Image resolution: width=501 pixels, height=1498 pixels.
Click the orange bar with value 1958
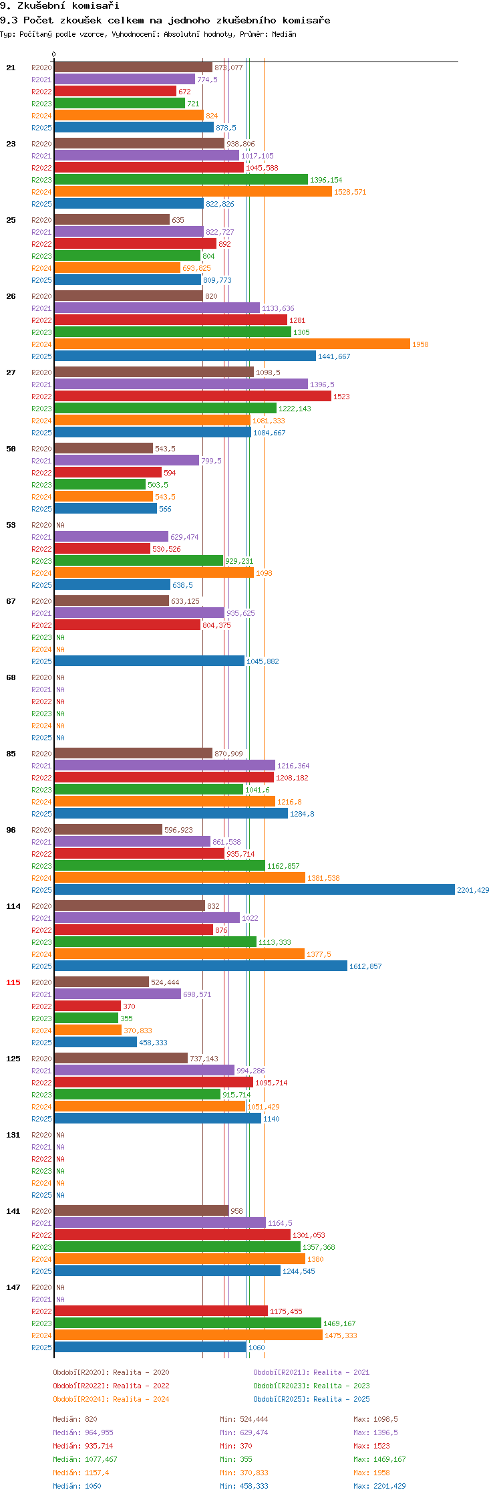(x=232, y=344)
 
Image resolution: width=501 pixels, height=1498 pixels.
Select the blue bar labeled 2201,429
(x=254, y=889)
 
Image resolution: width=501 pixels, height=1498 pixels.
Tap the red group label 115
(x=13, y=982)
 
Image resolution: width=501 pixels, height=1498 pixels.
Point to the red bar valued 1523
(x=192, y=396)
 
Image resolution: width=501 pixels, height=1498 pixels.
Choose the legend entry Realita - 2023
(x=311, y=1386)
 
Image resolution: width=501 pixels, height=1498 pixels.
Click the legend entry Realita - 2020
(x=111, y=1372)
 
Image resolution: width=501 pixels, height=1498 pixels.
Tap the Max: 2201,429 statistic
(x=379, y=1486)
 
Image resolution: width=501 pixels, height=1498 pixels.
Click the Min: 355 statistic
(x=236, y=1459)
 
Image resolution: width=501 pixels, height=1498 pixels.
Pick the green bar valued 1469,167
(x=188, y=1323)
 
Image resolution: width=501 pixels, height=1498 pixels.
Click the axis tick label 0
(x=54, y=55)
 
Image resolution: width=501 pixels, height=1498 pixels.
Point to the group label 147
(x=13, y=1287)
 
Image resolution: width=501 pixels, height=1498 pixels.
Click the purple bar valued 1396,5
(x=181, y=384)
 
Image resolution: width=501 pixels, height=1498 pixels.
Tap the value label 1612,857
(x=365, y=966)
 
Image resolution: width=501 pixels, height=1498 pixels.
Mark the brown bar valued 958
(x=141, y=1210)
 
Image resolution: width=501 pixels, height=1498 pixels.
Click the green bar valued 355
(x=86, y=1018)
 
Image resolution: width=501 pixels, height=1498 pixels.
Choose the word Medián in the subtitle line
(x=284, y=34)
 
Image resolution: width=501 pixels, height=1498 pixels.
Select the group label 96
(x=11, y=830)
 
